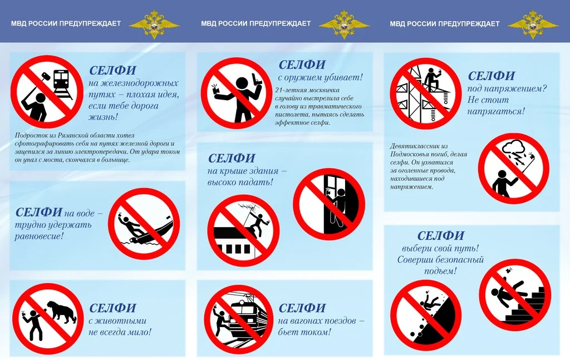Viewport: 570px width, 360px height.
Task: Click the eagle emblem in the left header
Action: tap(154, 24)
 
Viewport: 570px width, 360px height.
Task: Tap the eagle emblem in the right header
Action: tap(533, 24)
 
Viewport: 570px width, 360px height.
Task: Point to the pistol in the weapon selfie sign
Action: tap(257, 80)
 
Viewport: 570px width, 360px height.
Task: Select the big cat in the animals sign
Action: tap(61, 312)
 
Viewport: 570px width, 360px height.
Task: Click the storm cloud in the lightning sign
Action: tap(513, 148)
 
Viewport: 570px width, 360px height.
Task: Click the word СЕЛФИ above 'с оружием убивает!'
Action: tap(302, 65)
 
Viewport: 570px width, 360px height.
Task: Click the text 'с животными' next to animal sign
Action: tap(117, 320)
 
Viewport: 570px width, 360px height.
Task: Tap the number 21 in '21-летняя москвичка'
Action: tap(278, 90)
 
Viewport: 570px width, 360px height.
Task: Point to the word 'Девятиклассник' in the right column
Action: tap(414, 146)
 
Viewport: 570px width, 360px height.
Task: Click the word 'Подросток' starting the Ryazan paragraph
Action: tap(31, 136)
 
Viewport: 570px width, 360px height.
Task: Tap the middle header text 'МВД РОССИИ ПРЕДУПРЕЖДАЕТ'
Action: tap(256, 23)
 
